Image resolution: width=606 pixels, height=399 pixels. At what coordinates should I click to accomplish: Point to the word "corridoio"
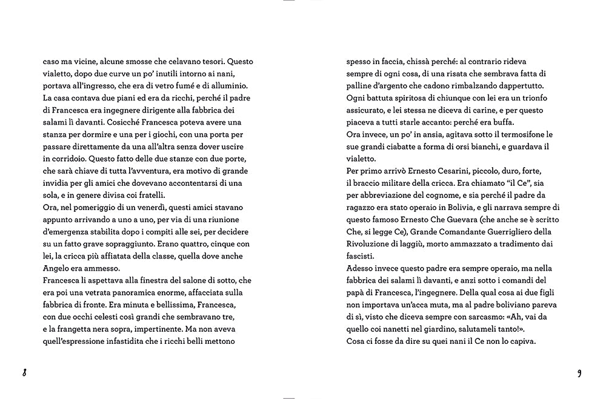coord(65,159)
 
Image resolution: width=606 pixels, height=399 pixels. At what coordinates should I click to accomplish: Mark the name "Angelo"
coord(58,268)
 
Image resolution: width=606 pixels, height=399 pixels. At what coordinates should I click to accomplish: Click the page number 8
coord(24,372)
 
